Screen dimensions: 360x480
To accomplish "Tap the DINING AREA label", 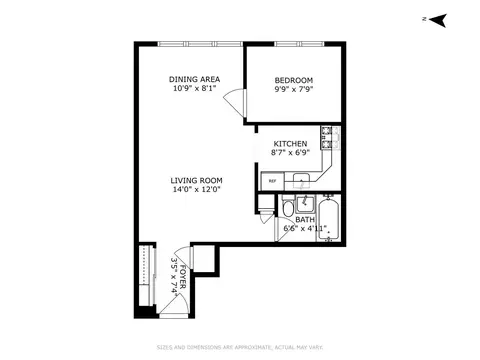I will point(193,80).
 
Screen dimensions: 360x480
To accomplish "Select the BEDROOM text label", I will point(293,80).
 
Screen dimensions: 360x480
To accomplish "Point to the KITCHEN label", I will point(290,143).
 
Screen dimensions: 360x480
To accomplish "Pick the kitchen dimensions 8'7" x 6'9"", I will point(290,154).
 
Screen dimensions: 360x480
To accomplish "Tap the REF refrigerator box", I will point(272,181).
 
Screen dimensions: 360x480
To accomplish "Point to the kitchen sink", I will point(299,181).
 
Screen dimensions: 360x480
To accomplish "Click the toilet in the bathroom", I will point(287,208).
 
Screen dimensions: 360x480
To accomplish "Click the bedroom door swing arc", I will point(231,101).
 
